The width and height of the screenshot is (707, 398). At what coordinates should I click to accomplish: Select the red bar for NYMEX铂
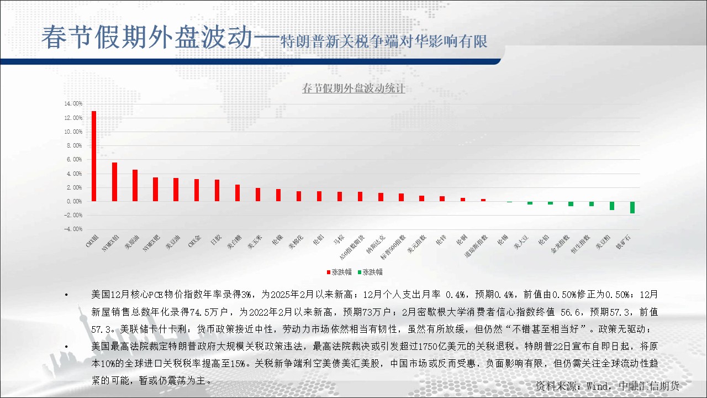114,182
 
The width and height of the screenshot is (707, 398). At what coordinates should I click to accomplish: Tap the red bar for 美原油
135,185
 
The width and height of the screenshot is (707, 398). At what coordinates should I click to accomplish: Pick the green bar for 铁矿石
632,207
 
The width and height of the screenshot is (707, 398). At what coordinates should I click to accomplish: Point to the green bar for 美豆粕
612,206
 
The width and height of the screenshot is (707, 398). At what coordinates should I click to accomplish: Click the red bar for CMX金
197,190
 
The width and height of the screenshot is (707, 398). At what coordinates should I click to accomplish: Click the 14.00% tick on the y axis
73,104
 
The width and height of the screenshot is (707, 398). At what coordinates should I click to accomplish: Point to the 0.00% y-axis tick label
74,202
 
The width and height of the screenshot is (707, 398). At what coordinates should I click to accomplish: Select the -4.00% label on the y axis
73,229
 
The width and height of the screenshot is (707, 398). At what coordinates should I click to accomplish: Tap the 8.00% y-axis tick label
74,146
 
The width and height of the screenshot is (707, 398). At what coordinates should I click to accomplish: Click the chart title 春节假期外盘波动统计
353,88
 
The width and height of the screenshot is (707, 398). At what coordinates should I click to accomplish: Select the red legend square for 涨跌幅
328,272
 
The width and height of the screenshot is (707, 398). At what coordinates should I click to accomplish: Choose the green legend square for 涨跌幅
360,272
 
